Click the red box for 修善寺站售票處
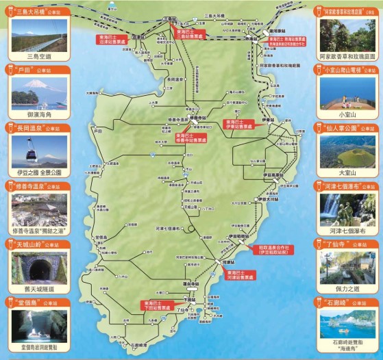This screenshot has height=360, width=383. click(x=190, y=136)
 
